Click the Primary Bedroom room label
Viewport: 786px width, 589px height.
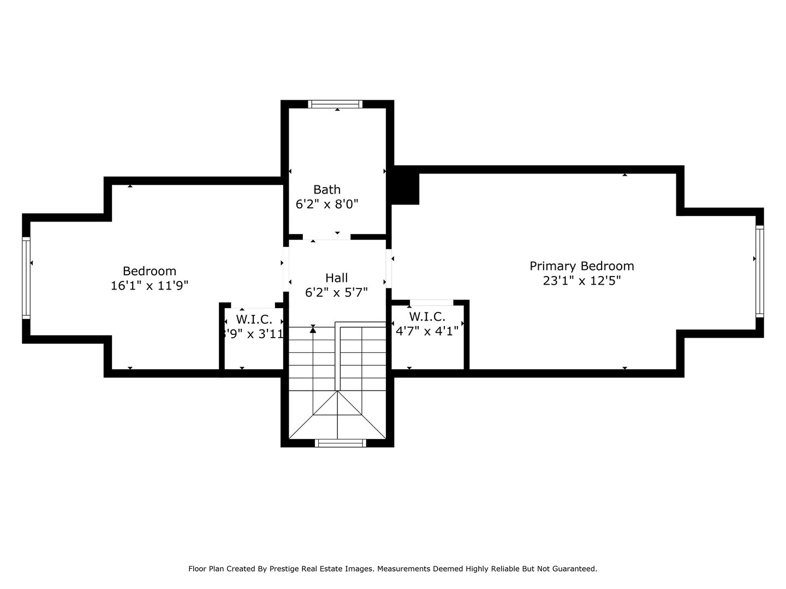(x=581, y=266)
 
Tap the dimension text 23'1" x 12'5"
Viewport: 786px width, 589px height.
(x=581, y=281)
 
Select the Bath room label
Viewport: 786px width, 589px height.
(x=326, y=190)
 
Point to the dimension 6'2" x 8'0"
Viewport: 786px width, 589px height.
(x=326, y=205)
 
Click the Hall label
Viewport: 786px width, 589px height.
(x=336, y=278)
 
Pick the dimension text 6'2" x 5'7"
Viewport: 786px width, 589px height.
(x=336, y=292)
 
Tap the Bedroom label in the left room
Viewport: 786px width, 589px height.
(x=149, y=271)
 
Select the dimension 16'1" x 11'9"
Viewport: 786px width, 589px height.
(x=149, y=286)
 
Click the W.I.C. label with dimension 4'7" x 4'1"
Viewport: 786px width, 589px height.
(x=427, y=317)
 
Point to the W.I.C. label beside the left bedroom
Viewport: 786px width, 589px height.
(x=254, y=320)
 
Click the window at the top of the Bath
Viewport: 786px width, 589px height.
(x=335, y=104)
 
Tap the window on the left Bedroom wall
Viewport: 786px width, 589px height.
(x=26, y=278)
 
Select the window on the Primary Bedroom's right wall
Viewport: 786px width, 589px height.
(x=759, y=271)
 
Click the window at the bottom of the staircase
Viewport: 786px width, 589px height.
(x=341, y=443)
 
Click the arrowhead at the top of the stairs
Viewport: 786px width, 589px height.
(x=313, y=329)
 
